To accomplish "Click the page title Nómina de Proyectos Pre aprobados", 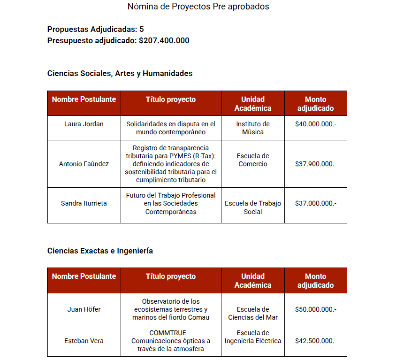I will [x=198, y=7].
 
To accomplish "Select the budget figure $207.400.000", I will [x=164, y=40].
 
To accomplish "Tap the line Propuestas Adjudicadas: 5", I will [x=95, y=29].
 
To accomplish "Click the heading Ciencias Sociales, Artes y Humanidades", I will [x=120, y=73].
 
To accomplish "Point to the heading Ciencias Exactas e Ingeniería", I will [x=100, y=251].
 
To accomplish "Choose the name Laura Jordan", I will [x=84, y=124].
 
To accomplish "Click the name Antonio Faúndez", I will [x=84, y=164].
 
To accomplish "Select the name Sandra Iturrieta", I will [x=84, y=203].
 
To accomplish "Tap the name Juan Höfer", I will [x=84, y=309].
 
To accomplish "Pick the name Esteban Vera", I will [x=84, y=341].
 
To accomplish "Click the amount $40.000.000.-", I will [x=316, y=124].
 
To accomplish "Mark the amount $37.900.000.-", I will [x=316, y=164].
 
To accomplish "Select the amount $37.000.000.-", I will [x=316, y=203].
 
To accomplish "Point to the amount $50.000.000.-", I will [x=316, y=309].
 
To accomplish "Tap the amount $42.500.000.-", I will [x=316, y=341].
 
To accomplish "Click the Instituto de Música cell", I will [x=253, y=128].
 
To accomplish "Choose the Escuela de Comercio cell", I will [x=253, y=160].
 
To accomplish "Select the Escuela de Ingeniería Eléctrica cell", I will [x=253, y=337].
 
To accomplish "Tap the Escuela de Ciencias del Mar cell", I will [x=253, y=314].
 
